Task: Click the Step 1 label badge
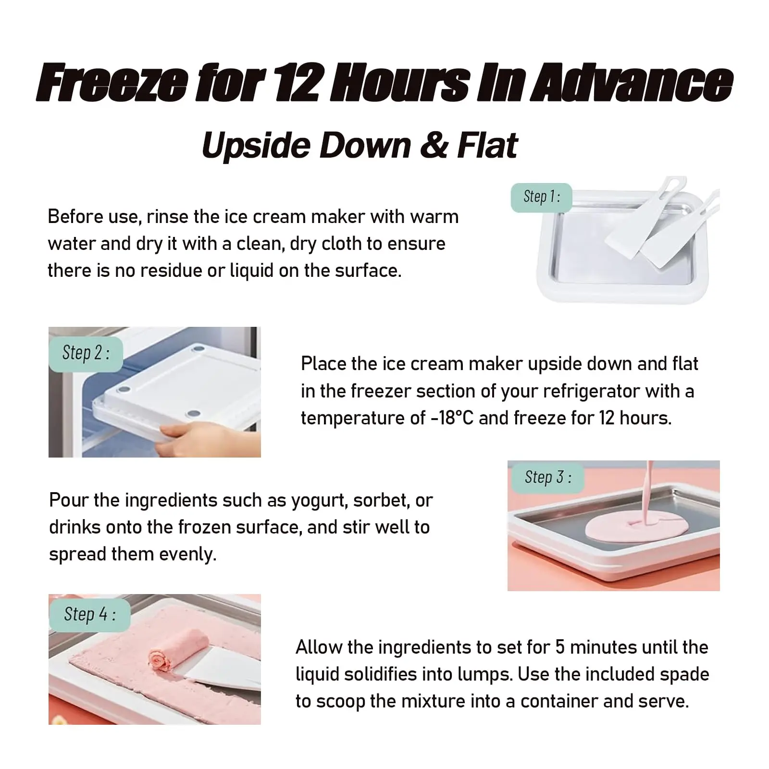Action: point(541,198)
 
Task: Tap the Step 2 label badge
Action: point(86,354)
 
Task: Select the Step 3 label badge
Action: point(547,477)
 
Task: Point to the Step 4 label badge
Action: point(89,615)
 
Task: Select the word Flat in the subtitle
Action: point(487,145)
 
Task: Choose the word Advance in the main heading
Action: point(631,83)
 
